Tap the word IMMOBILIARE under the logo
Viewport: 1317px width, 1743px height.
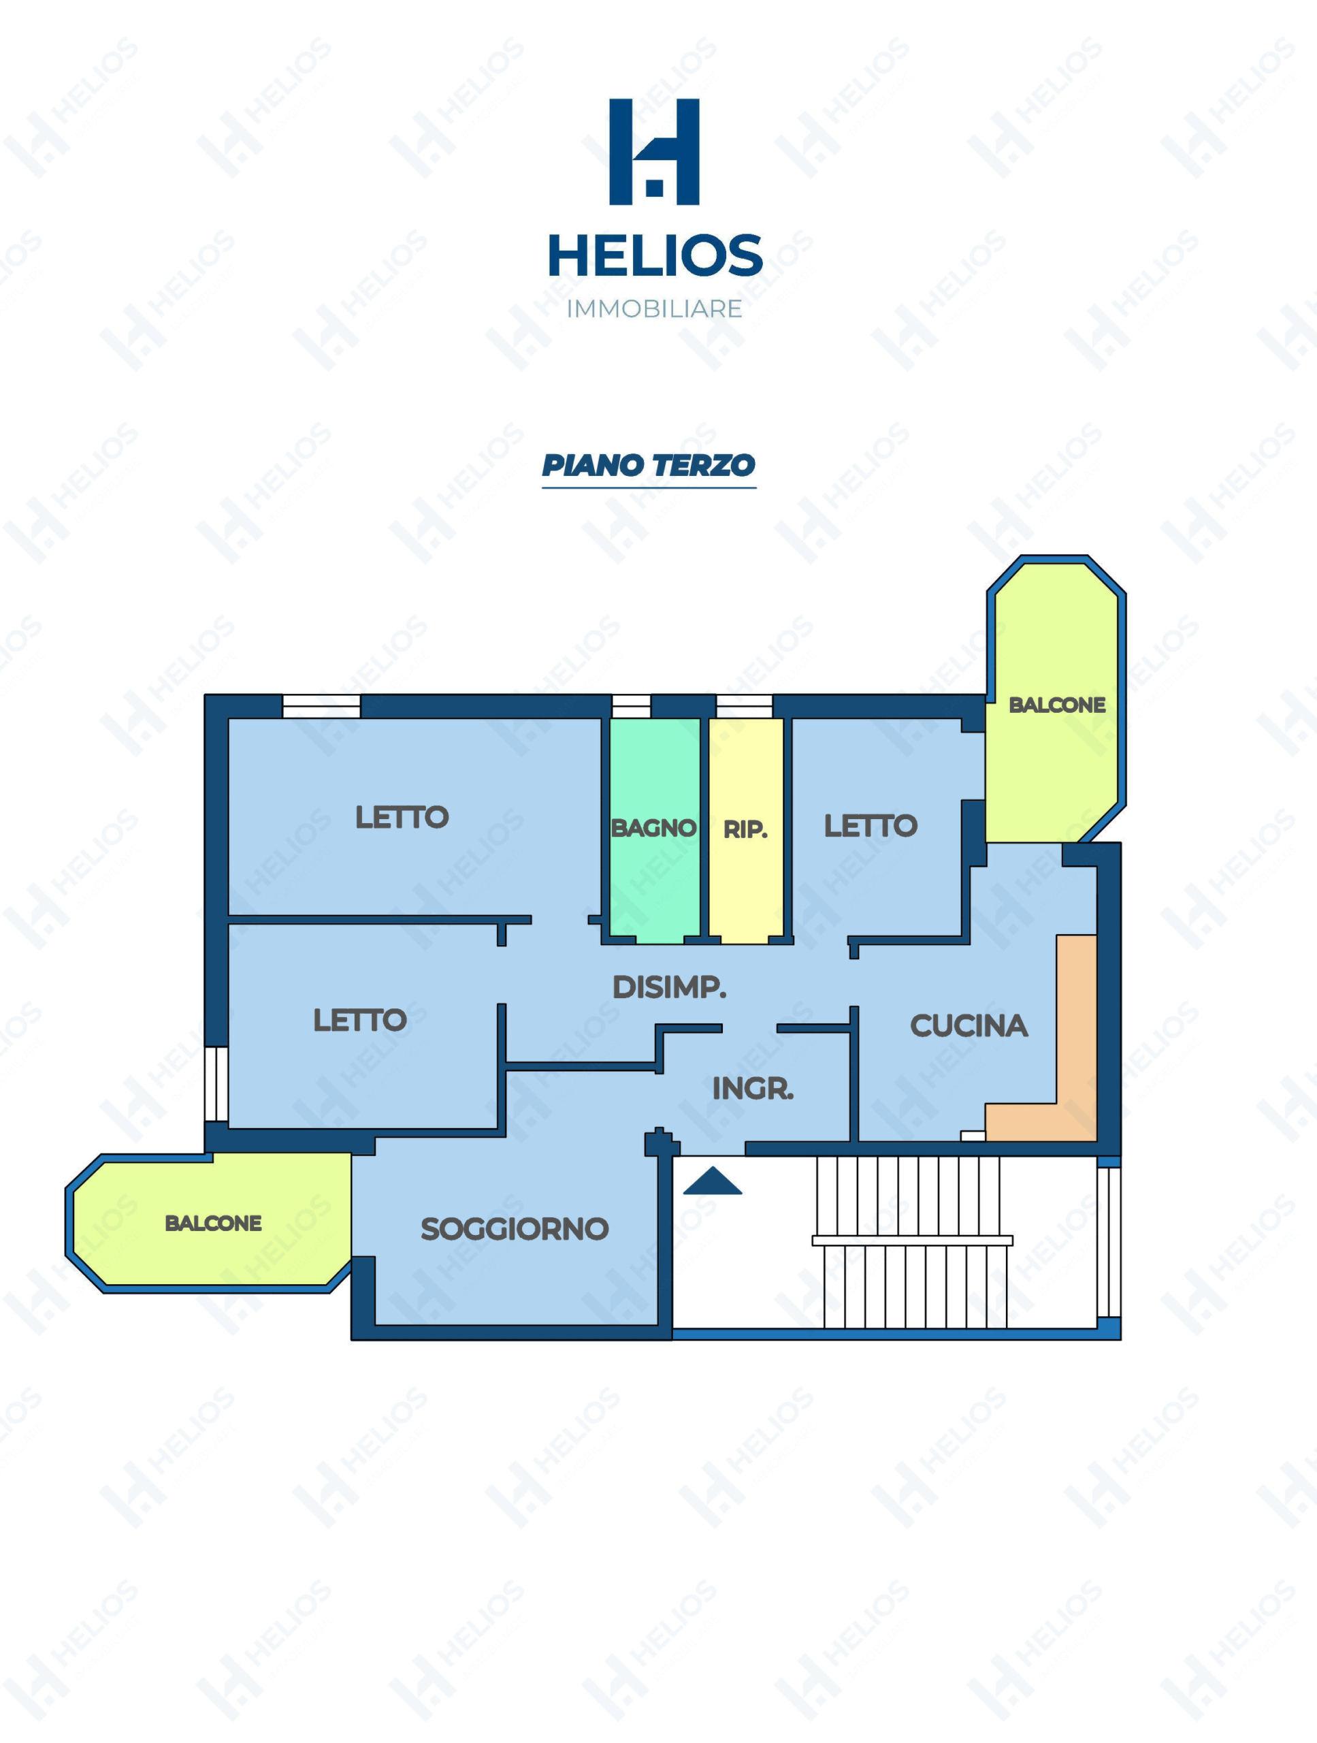655,309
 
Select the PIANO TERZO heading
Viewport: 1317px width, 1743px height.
648,466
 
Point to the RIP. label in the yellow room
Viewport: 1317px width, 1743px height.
745,830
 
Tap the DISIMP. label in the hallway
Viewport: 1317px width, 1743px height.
670,987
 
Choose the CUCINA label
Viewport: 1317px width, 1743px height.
969,1026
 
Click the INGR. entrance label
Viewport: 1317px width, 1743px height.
753,1089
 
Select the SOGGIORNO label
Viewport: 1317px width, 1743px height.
515,1229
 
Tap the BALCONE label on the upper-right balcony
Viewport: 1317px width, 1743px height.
1057,705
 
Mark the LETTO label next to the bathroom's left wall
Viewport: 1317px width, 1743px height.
402,817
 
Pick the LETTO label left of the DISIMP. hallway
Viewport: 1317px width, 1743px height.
360,1021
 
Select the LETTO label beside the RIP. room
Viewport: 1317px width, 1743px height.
871,826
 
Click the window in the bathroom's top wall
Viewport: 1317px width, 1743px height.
631,706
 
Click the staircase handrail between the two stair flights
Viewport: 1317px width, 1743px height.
912,1241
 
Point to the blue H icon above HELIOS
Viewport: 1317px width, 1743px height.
655,151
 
